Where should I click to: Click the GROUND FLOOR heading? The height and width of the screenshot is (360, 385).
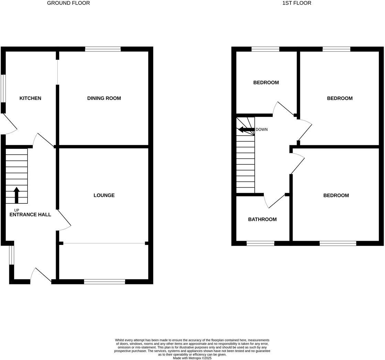point(68,3)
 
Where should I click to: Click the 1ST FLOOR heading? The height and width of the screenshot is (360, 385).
point(297,3)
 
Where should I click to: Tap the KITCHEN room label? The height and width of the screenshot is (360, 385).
point(30,98)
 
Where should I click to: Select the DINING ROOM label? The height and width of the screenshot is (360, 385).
point(104,98)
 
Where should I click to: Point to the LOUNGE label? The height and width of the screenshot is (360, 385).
point(104,195)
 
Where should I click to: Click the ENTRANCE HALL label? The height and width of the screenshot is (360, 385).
point(30,215)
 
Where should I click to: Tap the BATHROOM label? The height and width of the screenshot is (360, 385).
point(262,220)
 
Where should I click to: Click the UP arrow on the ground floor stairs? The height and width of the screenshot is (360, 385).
point(16,195)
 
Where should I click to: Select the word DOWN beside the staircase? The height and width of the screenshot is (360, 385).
point(262,130)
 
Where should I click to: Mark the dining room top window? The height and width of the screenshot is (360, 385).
point(103,49)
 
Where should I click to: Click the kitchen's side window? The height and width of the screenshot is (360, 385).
point(3,88)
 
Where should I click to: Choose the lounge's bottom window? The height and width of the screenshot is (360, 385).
point(104,282)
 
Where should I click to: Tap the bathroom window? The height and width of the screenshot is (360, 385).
point(261,244)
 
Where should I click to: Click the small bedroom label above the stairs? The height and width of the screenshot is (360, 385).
point(266,82)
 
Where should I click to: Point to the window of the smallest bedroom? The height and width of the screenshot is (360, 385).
point(265,49)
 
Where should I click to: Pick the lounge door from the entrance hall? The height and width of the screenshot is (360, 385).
point(64,220)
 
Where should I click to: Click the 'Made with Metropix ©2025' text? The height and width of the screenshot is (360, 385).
point(192,358)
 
